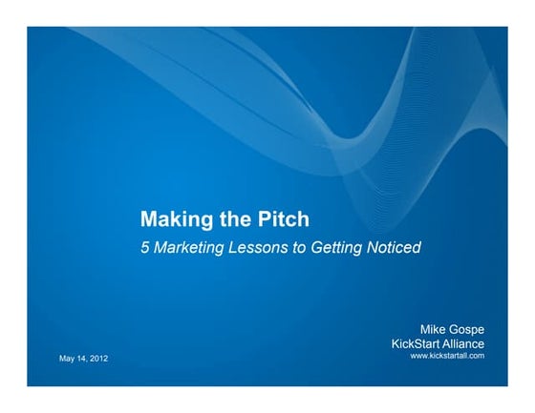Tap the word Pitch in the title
coord(284,220)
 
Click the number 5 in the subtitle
coord(145,247)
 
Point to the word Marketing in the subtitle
coord(190,247)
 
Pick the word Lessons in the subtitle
coord(260,247)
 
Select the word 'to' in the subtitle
coord(301,247)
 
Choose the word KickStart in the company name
coord(418,343)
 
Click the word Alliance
coord(466,343)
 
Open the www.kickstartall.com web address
coord(447,355)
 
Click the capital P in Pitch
coord(264,220)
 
